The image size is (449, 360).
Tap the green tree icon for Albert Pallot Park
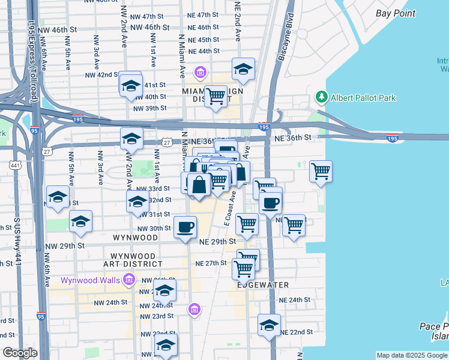pyautogui.click(x=322, y=97)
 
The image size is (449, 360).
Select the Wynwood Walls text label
pyautogui.click(x=91, y=280)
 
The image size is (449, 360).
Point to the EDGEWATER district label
pyautogui.click(x=262, y=285)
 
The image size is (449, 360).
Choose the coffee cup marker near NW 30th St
pyautogui.click(x=185, y=227)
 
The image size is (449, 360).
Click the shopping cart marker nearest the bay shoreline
pyautogui.click(x=321, y=171)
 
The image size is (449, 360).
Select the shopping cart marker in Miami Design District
pyautogui.click(x=215, y=96)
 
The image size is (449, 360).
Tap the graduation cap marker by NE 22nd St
pyautogui.click(x=269, y=325)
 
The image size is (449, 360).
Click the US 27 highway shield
pyautogui.click(x=166, y=143)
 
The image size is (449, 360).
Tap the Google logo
pyautogui.click(x=20, y=353)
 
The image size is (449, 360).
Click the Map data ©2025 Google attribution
pyautogui.click(x=412, y=355)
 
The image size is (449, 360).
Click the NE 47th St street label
pyautogui.click(x=203, y=14)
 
